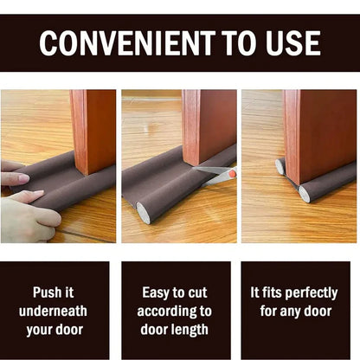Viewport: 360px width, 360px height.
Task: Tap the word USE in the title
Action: click(291, 42)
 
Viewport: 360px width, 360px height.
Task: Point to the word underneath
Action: click(60, 311)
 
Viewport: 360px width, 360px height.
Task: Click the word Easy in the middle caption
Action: click(157, 292)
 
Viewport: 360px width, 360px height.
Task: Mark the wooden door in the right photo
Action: click(320, 130)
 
